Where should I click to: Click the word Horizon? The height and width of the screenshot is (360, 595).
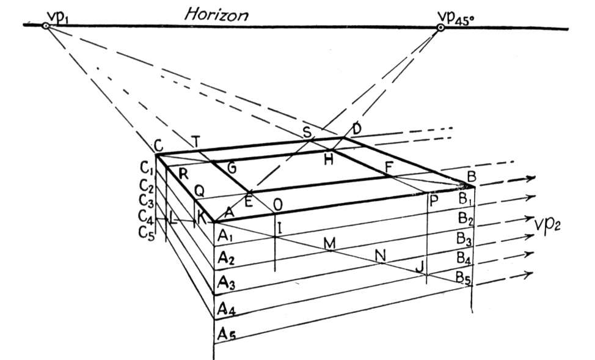tap(217, 15)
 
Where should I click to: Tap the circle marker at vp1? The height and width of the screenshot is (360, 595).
tap(46, 26)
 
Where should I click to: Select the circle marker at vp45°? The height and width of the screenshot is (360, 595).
tap(440, 28)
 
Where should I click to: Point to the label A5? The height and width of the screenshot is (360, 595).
tap(227, 334)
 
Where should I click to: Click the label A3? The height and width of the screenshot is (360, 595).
tap(227, 282)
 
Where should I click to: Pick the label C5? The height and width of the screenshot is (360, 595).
tap(147, 232)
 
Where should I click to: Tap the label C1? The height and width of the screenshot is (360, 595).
tap(147, 167)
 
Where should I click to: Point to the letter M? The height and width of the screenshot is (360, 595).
tap(329, 243)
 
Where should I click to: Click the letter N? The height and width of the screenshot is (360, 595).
tap(380, 255)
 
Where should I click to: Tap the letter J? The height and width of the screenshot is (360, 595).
tap(419, 267)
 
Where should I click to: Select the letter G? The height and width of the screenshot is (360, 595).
tap(231, 167)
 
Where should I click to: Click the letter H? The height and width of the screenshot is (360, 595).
tap(329, 159)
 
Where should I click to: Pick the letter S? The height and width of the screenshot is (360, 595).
tap(307, 133)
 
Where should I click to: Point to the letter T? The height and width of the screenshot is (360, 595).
tap(195, 142)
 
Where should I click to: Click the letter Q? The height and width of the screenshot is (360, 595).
tap(199, 191)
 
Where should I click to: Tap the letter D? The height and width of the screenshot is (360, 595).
tap(356, 129)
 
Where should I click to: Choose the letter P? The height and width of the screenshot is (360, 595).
tap(433, 200)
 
